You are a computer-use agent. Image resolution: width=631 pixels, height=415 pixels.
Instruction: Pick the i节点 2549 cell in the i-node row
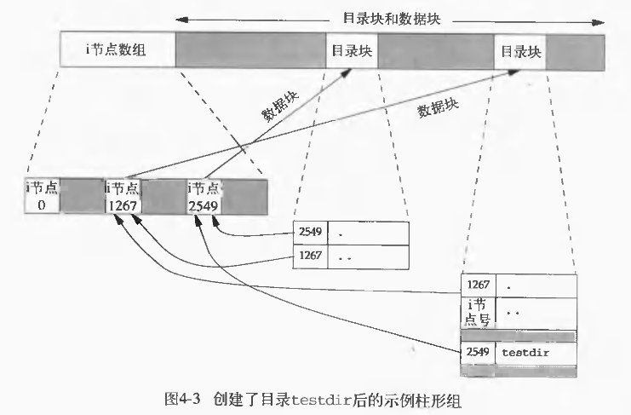(x=204, y=195)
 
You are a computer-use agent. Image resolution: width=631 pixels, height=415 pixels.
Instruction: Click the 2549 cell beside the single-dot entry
(x=309, y=233)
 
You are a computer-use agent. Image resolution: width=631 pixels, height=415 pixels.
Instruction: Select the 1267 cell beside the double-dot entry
(x=309, y=255)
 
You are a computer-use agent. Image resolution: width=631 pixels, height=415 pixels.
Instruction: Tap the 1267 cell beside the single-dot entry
(x=477, y=284)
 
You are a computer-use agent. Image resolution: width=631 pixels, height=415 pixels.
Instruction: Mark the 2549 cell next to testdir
(x=477, y=351)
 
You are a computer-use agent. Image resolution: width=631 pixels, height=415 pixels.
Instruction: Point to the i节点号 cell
(x=477, y=313)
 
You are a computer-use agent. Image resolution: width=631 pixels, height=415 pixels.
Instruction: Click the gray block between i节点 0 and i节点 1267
(x=82, y=195)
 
